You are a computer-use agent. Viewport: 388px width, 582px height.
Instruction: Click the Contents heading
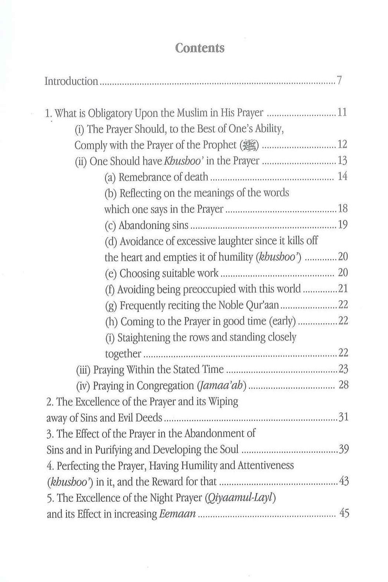tap(200, 48)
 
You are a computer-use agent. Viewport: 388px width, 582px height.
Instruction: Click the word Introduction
tap(71, 81)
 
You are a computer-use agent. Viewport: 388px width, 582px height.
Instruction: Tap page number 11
tap(342, 113)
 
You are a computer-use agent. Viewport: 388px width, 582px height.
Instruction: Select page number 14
tap(343, 177)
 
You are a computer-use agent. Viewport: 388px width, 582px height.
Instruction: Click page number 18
tap(343, 209)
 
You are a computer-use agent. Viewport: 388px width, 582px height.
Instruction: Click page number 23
tap(343, 369)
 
